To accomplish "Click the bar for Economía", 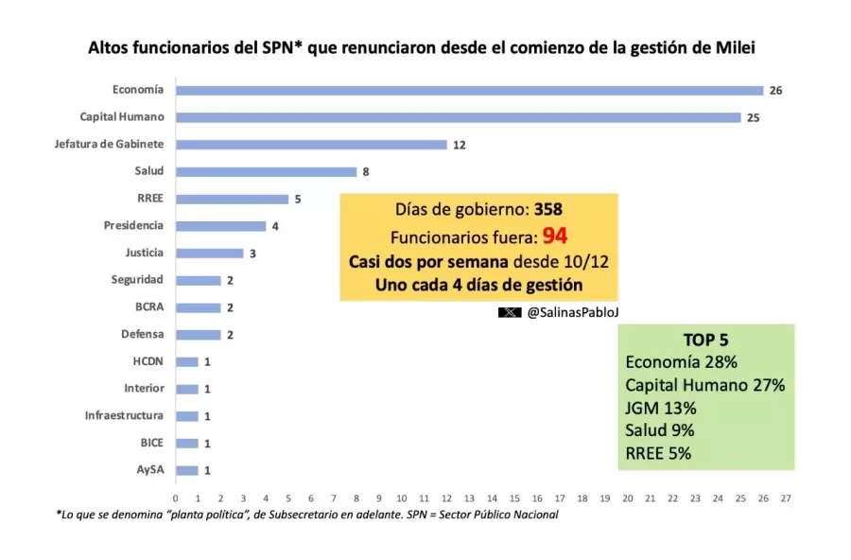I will point(469,90).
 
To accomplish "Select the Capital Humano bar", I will point(458,117).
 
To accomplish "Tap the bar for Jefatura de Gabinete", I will point(311,145).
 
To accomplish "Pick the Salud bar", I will point(266,171).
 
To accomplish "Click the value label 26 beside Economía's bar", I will point(775,90).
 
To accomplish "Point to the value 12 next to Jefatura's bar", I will point(460,145).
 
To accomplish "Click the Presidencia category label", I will point(133,225).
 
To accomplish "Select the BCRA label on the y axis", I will point(149,306).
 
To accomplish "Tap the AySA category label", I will point(149,469).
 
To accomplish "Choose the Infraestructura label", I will point(124,415).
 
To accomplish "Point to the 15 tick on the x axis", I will point(514,497).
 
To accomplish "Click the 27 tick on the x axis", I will point(786,497).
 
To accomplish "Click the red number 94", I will point(554,236).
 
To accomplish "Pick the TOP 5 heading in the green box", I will point(704,340).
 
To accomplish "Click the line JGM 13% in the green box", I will point(661,408).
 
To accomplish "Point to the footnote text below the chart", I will point(307,515).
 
